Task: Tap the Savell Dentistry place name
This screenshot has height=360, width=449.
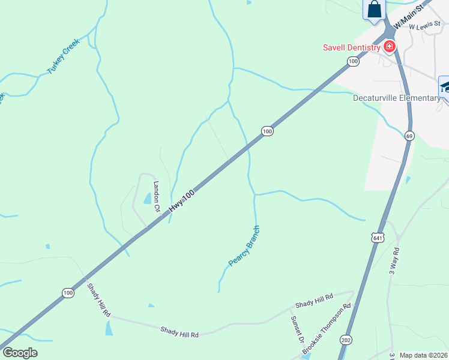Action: [x=351, y=47]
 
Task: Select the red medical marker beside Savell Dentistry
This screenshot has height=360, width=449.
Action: [x=390, y=46]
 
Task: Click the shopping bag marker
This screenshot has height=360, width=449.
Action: [x=375, y=10]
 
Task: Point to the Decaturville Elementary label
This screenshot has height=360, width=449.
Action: [x=396, y=98]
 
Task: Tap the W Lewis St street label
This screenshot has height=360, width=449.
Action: [x=424, y=27]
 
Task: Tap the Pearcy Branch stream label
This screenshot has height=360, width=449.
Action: [x=244, y=246]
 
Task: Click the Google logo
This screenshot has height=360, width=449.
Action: [x=20, y=353]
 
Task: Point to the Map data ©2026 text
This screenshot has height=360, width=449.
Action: [x=424, y=355]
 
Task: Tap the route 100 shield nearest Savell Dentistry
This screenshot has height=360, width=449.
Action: [x=353, y=61]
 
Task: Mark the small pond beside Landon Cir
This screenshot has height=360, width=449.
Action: [x=147, y=198]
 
